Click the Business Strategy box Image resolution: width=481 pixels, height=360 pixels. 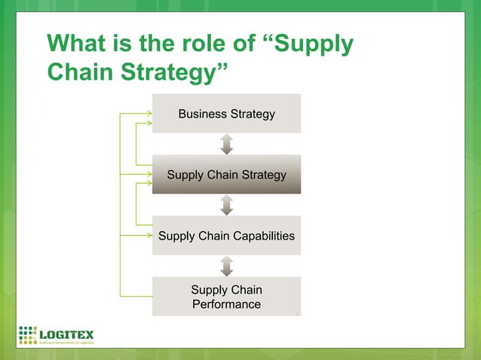(x=226, y=114)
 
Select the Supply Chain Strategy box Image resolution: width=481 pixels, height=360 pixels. (x=226, y=175)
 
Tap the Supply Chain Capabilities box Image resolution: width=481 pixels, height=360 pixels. (x=226, y=236)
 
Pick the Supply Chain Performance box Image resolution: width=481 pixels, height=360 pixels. (x=226, y=297)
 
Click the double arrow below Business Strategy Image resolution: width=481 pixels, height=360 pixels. (x=227, y=144)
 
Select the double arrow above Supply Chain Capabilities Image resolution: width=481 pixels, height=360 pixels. (x=227, y=205)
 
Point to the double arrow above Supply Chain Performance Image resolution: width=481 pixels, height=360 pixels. (x=227, y=266)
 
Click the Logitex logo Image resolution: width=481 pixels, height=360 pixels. (x=57, y=334)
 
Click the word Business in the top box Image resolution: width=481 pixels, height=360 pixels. (x=202, y=114)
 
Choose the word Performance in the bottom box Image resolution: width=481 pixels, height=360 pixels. (x=226, y=304)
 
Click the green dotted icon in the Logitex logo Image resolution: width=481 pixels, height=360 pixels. (x=28, y=334)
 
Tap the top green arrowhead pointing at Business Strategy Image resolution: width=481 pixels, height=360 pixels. (x=147, y=113)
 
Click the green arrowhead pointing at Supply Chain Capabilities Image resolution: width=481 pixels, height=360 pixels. (x=147, y=235)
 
